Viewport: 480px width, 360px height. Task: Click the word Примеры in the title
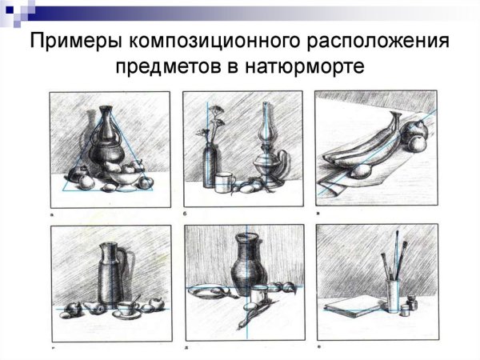[x=75, y=41]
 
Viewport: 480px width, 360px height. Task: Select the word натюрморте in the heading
[x=304, y=66]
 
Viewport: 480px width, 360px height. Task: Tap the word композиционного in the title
[x=214, y=41]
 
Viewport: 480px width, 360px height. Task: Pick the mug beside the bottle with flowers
[x=225, y=182]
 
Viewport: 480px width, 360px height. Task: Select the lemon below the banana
[x=361, y=171]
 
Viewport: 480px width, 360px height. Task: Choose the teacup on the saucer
[x=125, y=309]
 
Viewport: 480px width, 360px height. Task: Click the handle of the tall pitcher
[x=122, y=264]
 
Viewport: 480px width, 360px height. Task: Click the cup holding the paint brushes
[x=393, y=295]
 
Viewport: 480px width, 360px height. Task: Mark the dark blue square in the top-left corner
[x=10, y=10]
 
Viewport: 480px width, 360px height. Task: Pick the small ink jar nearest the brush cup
[x=405, y=310]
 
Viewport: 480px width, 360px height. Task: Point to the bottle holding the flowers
[x=210, y=166]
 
